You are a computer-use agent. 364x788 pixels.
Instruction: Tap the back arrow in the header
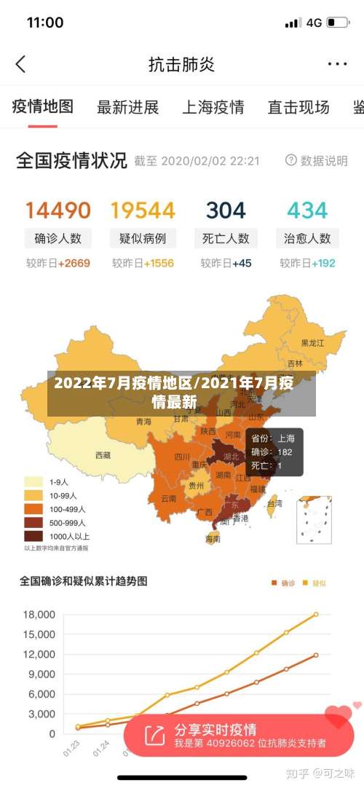tap(20, 64)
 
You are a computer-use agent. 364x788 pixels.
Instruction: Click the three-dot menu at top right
tap(337, 64)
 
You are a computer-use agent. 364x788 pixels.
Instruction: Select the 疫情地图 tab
tap(43, 107)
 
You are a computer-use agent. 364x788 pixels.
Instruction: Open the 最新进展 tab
tap(128, 108)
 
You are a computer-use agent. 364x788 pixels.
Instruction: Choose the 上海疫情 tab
tap(213, 108)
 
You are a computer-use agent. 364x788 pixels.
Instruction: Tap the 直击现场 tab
tap(298, 108)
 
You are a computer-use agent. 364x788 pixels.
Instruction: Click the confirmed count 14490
tap(58, 210)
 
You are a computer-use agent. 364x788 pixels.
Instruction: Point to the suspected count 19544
tap(143, 210)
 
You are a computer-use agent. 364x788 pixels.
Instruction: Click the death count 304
tap(226, 210)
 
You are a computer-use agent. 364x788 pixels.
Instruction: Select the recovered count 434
tap(307, 210)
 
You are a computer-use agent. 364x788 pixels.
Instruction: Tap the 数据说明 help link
tap(317, 160)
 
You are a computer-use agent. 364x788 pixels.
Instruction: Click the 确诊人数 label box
tap(58, 238)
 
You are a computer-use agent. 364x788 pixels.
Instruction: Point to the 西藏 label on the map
tap(103, 455)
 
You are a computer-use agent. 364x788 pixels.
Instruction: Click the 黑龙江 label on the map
tap(313, 342)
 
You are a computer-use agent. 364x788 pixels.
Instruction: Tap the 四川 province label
tap(182, 457)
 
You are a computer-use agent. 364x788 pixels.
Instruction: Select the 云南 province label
tap(168, 498)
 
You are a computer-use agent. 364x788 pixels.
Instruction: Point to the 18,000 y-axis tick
tap(39, 615)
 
